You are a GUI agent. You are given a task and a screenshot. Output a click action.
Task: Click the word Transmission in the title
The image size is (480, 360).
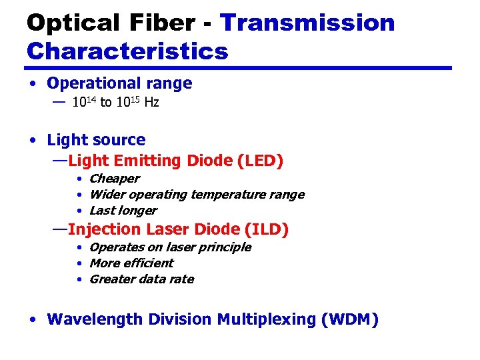[x=307, y=23]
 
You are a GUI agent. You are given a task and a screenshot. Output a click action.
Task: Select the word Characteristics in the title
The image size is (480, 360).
[x=127, y=51]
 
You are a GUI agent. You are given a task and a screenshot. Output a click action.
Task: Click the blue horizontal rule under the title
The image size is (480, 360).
[x=239, y=68]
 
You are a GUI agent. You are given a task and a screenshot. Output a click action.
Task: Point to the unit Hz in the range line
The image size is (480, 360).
[x=151, y=103]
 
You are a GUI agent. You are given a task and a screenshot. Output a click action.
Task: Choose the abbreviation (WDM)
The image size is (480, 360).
[x=349, y=319]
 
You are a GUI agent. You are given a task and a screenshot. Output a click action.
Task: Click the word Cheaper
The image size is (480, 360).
[x=114, y=179]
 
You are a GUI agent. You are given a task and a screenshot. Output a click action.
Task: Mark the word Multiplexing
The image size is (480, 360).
[x=267, y=319]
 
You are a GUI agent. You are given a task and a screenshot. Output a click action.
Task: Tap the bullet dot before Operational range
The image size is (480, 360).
[x=32, y=84]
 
